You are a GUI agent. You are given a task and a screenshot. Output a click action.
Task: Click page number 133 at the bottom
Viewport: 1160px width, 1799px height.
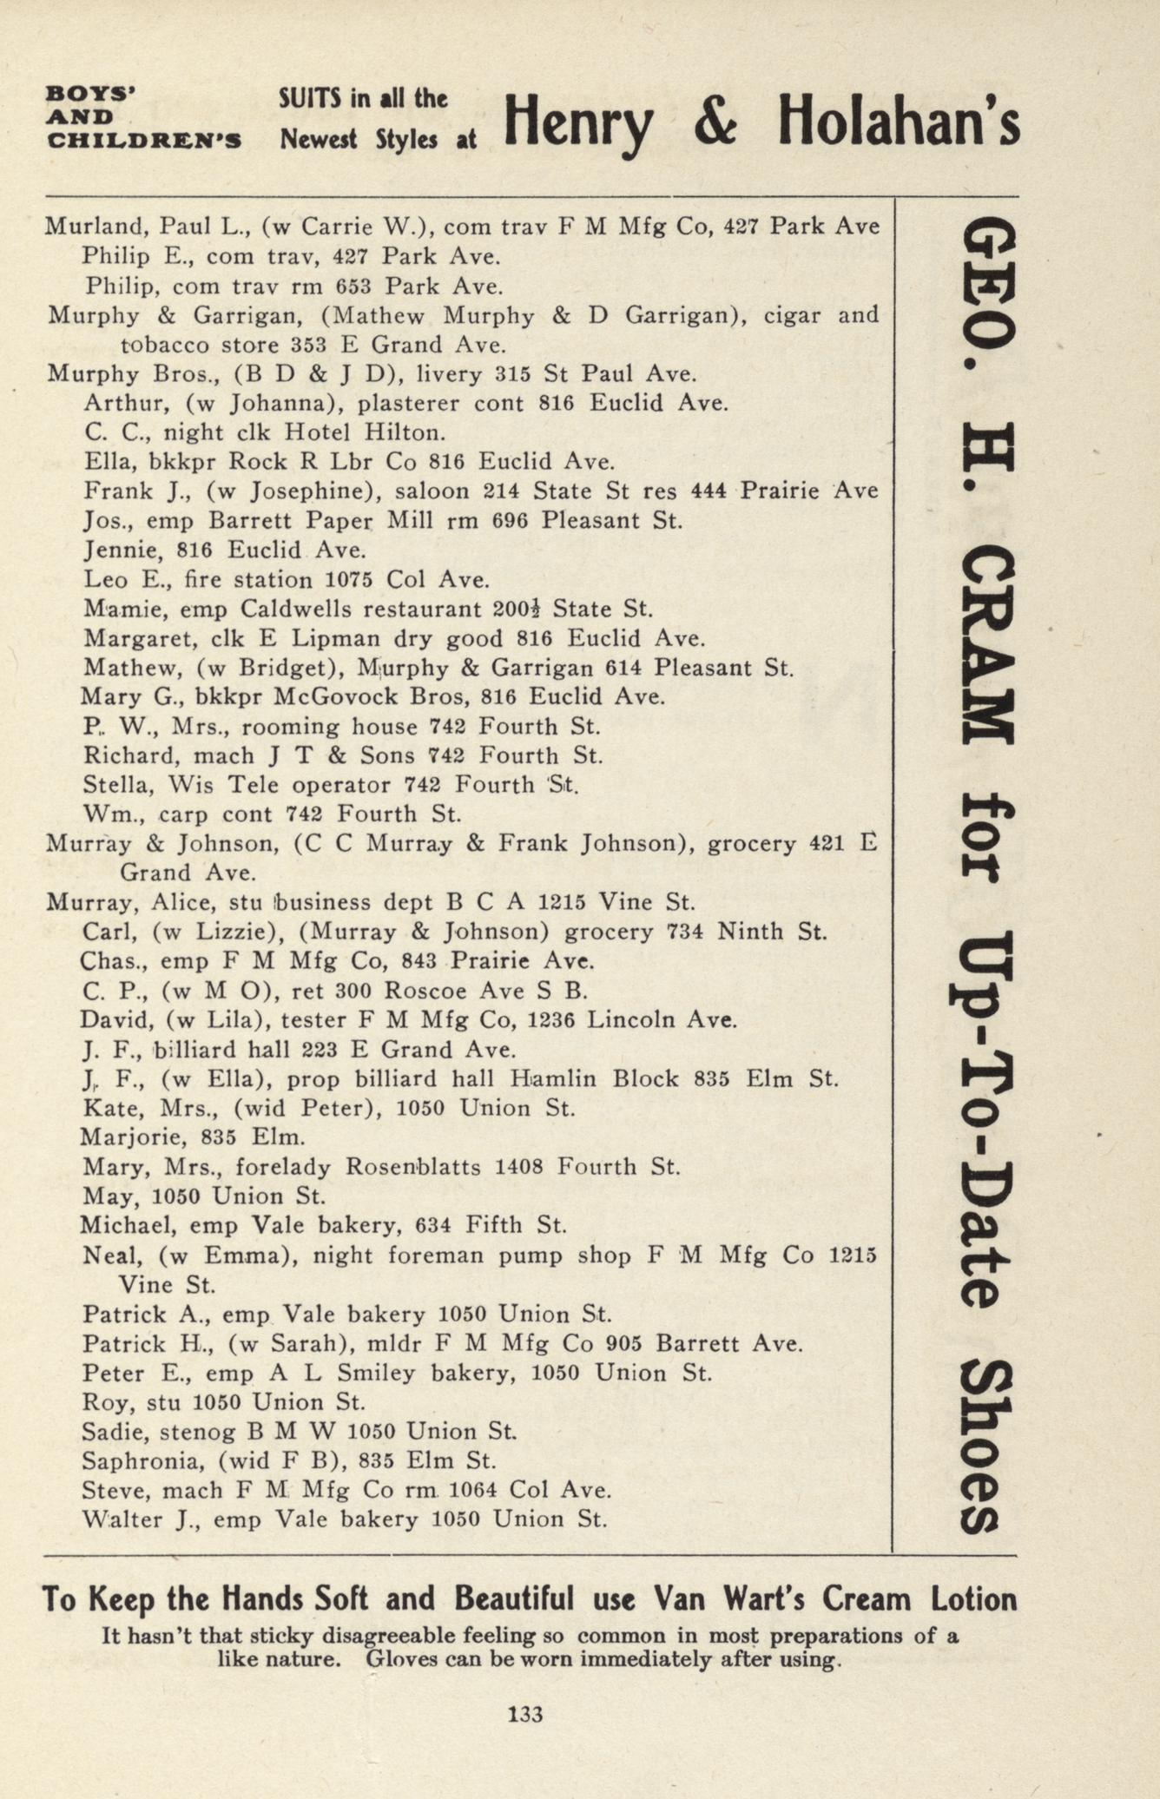[x=525, y=1714]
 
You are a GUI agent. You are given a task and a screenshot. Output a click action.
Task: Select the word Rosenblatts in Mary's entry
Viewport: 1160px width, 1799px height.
[x=413, y=1167]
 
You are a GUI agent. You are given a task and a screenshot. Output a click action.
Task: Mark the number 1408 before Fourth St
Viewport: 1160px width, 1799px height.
[x=519, y=1167]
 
